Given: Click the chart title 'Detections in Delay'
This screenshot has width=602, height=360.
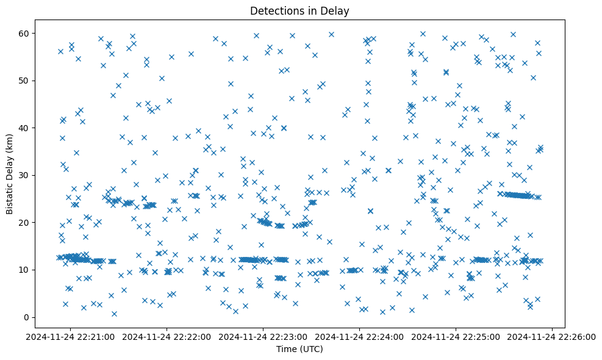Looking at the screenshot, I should (x=299, y=11).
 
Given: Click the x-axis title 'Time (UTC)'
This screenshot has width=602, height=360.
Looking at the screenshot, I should (x=299, y=350).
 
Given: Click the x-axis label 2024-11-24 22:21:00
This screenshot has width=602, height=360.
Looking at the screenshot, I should (x=71, y=336).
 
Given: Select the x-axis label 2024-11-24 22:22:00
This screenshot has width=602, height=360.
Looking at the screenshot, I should (x=167, y=336).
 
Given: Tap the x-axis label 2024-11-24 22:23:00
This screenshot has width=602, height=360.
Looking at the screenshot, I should (x=263, y=336).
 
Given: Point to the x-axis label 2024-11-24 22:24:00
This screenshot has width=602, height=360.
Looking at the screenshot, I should (x=360, y=336).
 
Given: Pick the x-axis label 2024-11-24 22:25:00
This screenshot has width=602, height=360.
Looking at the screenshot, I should (x=456, y=336).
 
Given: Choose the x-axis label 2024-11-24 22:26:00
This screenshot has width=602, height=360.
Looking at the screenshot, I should (x=553, y=336).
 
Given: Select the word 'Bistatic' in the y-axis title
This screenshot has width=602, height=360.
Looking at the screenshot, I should (x=10, y=198).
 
